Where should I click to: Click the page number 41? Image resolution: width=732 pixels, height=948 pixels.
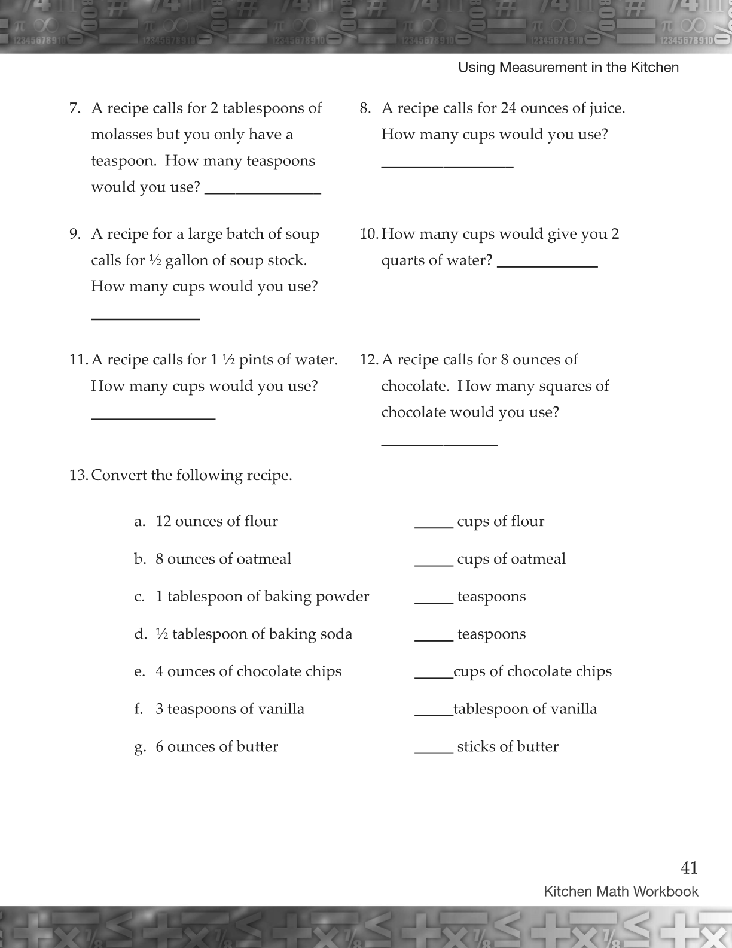tap(689, 868)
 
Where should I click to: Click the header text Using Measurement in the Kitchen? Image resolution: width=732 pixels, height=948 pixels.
tap(568, 68)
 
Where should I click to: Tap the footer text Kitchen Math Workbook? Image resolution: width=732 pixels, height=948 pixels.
tap(621, 892)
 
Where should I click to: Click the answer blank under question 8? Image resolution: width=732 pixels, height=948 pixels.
tap(447, 165)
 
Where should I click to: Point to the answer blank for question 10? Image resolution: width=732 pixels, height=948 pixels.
tap(547, 263)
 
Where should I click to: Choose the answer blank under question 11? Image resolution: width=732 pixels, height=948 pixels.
tap(153, 415)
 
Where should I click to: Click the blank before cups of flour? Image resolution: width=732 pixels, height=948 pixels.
tap(434, 525)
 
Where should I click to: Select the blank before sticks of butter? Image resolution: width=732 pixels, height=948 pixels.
tap(434, 750)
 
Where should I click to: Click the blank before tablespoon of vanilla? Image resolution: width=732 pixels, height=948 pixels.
tap(434, 712)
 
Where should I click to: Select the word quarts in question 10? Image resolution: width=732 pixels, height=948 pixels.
tap(402, 261)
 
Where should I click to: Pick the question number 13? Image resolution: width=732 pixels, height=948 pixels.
tap(78, 476)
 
